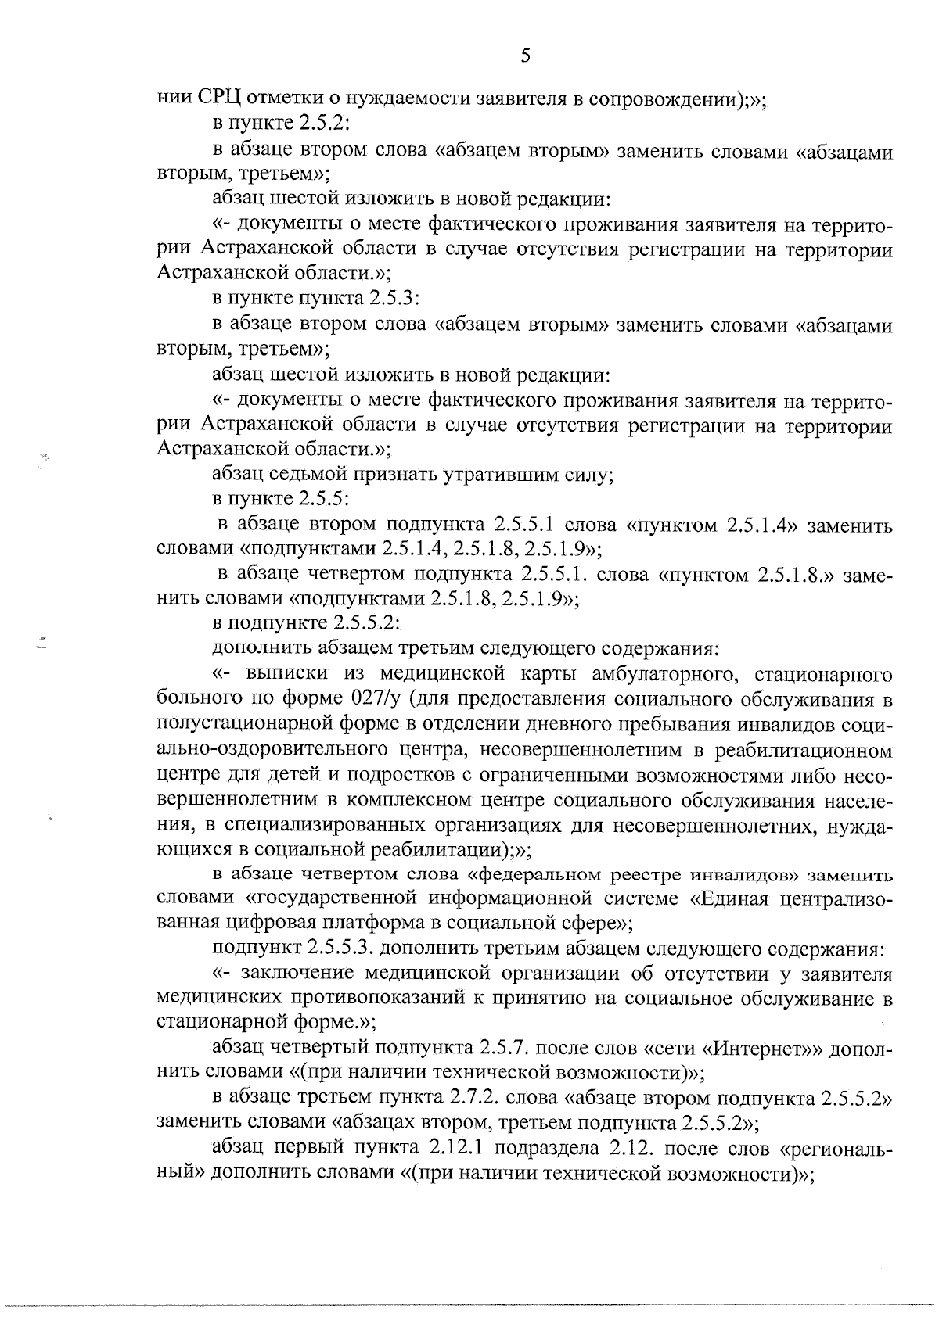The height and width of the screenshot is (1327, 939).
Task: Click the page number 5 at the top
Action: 525,55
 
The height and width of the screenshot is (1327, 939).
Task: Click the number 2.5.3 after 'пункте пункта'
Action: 395,299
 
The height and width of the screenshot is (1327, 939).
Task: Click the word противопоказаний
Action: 369,999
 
